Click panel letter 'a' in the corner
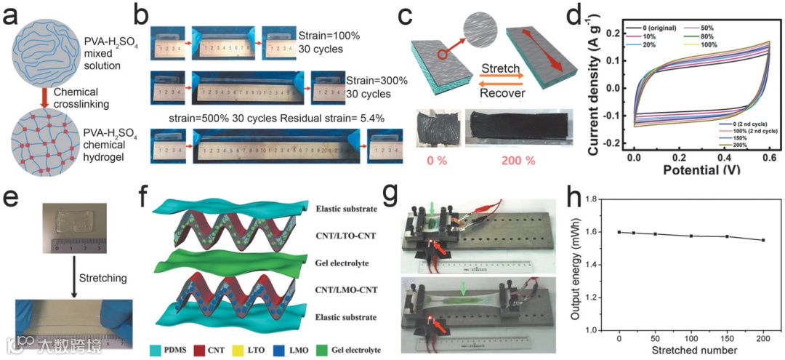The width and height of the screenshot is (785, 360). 14,16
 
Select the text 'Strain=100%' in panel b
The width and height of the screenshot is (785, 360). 328,35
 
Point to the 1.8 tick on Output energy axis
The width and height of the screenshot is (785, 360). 594,199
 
